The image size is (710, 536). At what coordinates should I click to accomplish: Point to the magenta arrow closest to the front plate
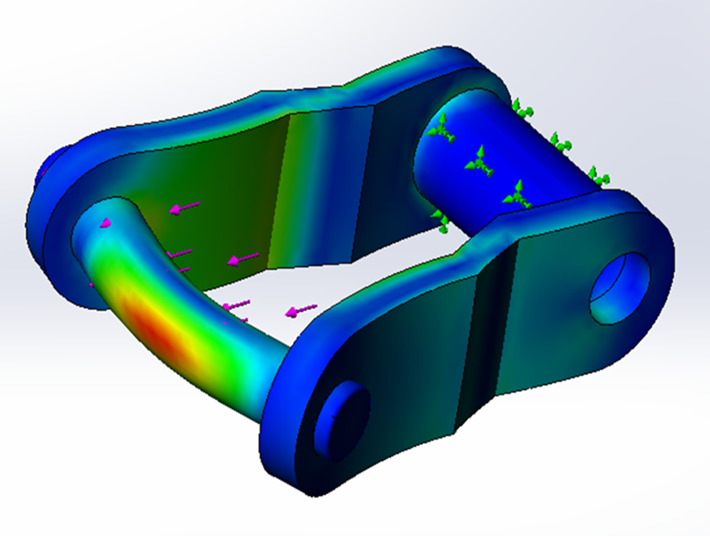[x=301, y=311]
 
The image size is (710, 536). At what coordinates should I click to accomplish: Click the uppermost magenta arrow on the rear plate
[x=185, y=208]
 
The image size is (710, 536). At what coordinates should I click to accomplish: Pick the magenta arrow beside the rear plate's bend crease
[x=242, y=259]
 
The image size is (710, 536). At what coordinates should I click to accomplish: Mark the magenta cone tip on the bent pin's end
[x=105, y=222]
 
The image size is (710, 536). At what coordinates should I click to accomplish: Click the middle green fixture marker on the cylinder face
[x=480, y=161]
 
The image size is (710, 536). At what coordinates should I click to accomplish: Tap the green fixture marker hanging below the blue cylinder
[x=440, y=220]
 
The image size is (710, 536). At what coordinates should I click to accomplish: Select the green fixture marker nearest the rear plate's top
[x=520, y=110]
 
